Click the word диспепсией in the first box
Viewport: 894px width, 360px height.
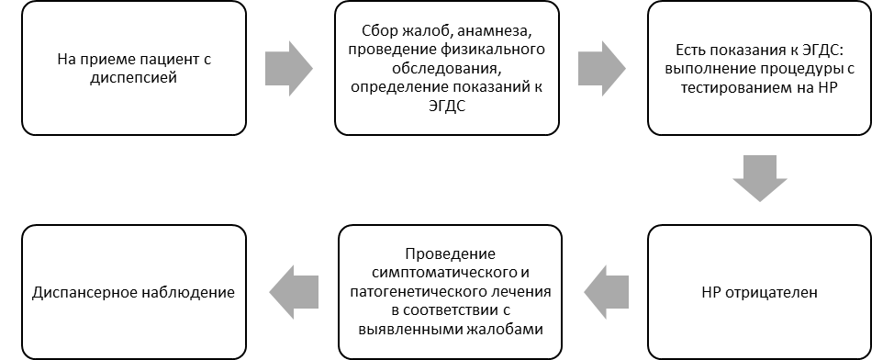coord(134,78)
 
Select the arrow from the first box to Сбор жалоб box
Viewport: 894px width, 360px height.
coord(289,69)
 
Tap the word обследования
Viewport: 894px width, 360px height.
coord(446,69)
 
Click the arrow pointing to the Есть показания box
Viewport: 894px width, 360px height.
coord(602,69)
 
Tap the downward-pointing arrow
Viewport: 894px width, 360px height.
coord(759,178)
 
